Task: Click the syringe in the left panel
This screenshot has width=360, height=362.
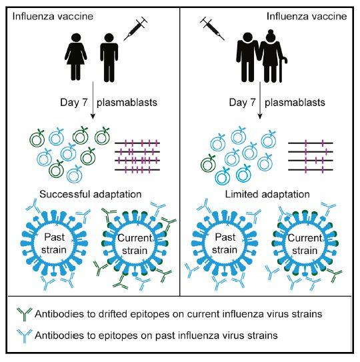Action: [137, 29]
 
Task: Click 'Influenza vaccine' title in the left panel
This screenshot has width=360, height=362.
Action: [51, 15]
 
